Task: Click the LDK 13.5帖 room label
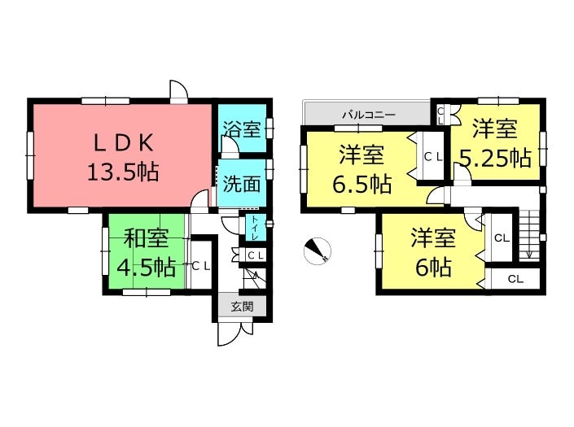click(124, 158)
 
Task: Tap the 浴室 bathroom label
click(242, 129)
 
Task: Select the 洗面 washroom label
click(242, 184)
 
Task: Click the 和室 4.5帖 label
click(146, 253)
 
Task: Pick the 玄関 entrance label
click(242, 306)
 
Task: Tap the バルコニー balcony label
click(369, 115)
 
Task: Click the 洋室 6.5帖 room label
click(361, 169)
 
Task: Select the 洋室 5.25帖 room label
click(495, 143)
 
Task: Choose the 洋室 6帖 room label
click(433, 252)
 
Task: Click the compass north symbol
click(318, 251)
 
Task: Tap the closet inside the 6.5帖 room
click(433, 156)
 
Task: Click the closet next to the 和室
click(201, 266)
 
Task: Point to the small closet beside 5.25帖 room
click(440, 115)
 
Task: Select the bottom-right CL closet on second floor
click(515, 279)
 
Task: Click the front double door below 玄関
click(236, 333)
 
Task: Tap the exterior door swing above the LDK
click(179, 90)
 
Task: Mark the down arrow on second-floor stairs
click(528, 255)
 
